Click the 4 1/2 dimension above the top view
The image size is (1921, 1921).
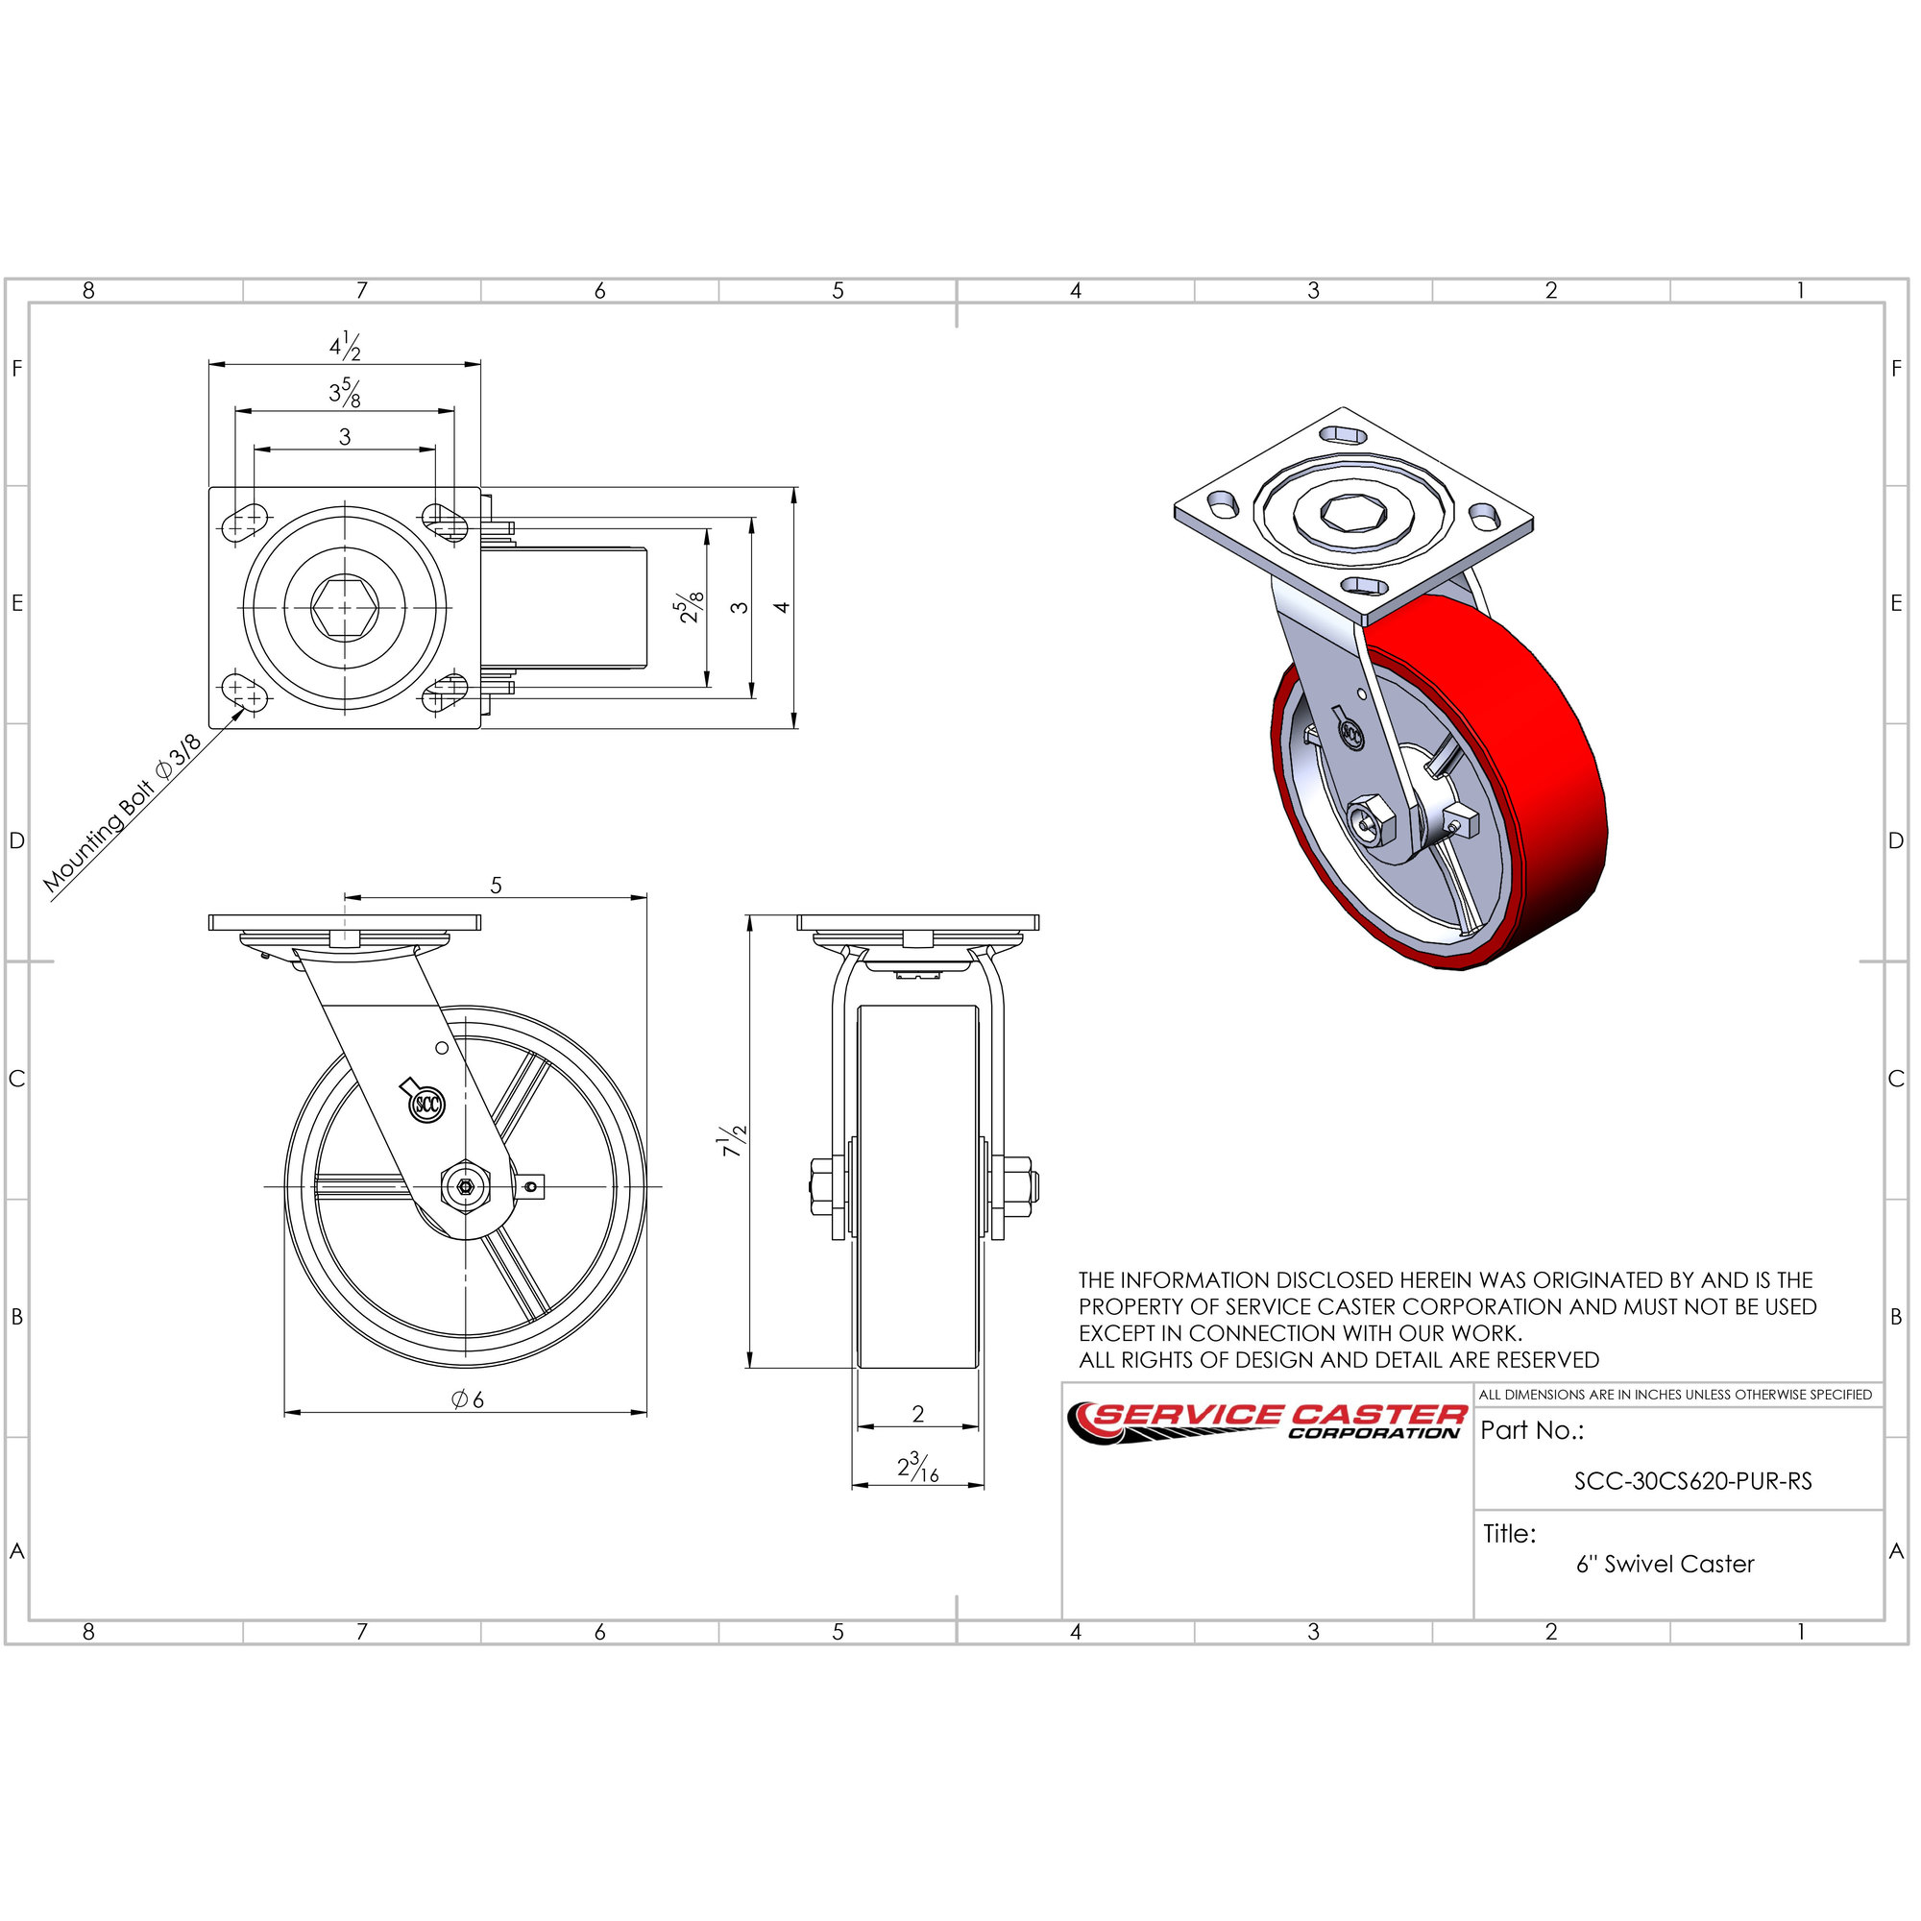click(345, 346)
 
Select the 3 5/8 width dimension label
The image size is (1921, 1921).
click(345, 393)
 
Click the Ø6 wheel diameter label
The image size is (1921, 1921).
click(468, 1400)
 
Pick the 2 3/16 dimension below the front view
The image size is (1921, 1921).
click(917, 1467)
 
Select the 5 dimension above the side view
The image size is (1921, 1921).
click(497, 885)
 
